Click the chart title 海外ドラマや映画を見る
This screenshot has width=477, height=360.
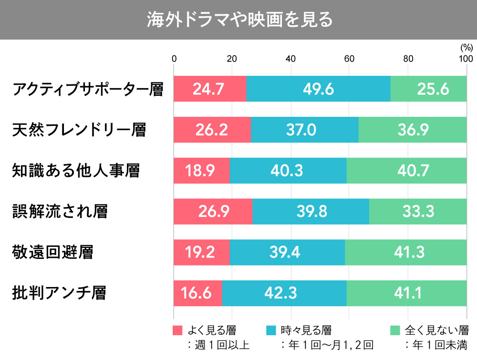point(238,20)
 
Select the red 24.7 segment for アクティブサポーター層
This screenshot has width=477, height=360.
point(210,89)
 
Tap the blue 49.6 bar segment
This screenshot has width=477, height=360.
point(318,89)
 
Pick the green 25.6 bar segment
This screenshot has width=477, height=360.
point(428,89)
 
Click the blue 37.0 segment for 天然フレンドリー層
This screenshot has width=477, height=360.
point(304,130)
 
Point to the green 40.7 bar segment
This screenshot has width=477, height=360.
point(406,170)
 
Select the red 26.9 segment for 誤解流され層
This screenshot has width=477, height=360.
point(213,211)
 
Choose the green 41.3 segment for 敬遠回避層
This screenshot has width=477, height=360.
point(405,252)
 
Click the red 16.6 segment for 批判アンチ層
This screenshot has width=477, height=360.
point(197,293)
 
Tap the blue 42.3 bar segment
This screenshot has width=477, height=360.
point(284,293)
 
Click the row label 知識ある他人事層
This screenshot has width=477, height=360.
point(76,170)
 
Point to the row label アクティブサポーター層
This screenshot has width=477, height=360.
point(88,89)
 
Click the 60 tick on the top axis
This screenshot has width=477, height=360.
point(349,59)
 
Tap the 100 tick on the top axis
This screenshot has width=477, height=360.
point(465,59)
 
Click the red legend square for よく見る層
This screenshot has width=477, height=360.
point(177,330)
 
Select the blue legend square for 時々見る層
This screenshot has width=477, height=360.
point(270,330)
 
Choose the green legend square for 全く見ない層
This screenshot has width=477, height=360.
point(395,330)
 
